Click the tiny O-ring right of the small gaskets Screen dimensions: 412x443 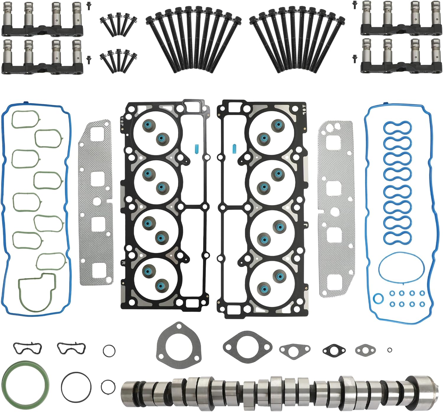[390, 350]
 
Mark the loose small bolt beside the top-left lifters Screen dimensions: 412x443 [88, 4]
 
